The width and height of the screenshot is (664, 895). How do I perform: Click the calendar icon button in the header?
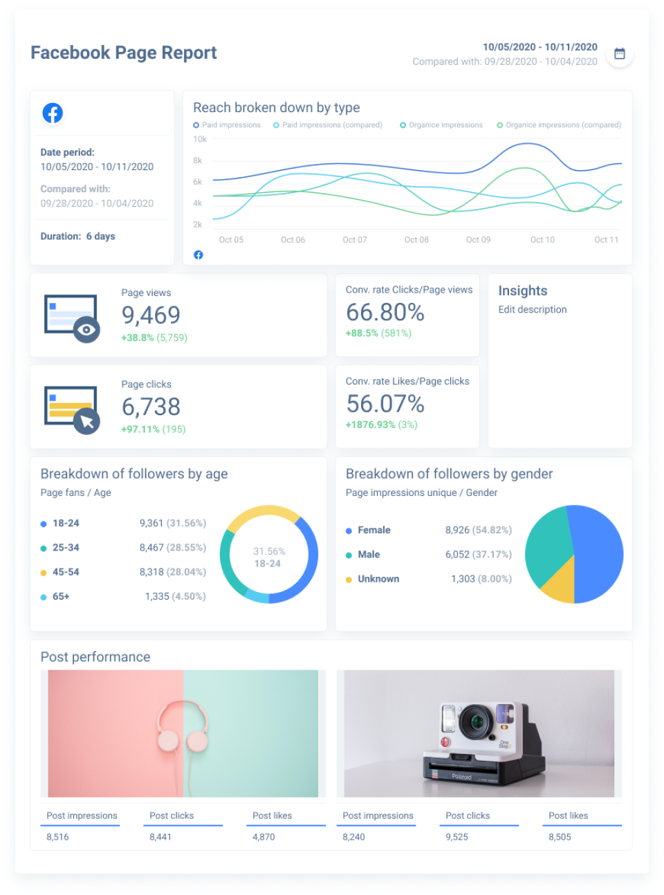(619, 54)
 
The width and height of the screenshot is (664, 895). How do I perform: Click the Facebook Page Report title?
(124, 53)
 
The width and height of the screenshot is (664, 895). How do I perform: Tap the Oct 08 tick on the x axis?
(416, 240)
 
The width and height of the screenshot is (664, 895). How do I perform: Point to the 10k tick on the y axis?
(200, 139)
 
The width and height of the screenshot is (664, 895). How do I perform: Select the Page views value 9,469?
(151, 315)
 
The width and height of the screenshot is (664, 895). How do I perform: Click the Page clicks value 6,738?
(151, 407)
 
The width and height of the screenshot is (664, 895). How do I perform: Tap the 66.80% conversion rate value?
(385, 313)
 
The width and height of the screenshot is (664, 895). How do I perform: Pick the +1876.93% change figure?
(370, 425)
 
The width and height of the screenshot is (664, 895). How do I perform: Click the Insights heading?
(522, 290)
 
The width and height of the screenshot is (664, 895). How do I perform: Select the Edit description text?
(532, 309)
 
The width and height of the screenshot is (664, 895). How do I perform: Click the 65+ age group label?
(61, 596)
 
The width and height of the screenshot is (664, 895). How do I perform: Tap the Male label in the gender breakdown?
(369, 554)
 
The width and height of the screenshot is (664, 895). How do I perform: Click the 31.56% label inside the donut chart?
(269, 551)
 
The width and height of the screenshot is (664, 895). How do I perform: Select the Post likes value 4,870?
(264, 837)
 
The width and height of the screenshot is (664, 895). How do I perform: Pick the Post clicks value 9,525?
(456, 837)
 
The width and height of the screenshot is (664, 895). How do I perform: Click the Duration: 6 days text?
(77, 236)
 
